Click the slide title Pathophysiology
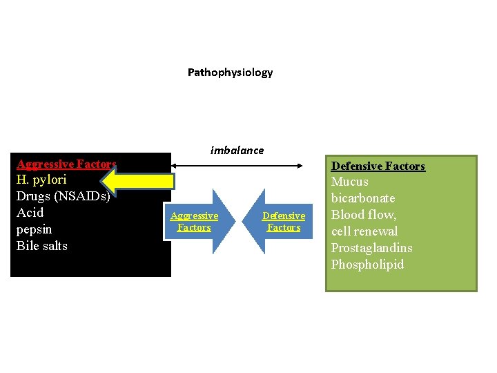click(x=230, y=73)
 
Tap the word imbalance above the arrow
click(x=237, y=150)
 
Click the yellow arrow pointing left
click(x=141, y=181)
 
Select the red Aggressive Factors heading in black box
click(x=66, y=164)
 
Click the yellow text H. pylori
click(x=41, y=180)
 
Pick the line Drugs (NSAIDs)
click(x=63, y=196)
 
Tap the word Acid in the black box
click(x=30, y=213)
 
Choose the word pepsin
click(x=34, y=229)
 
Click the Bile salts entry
click(x=41, y=246)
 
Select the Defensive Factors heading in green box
click(x=378, y=166)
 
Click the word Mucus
click(x=349, y=182)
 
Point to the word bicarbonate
click(x=362, y=198)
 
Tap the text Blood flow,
click(x=364, y=215)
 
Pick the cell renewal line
click(x=364, y=231)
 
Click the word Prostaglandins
click(x=371, y=248)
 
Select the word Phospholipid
click(x=367, y=265)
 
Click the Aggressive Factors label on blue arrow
click(x=194, y=222)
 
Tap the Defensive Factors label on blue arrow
click(x=284, y=222)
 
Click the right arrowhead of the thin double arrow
click(x=301, y=165)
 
